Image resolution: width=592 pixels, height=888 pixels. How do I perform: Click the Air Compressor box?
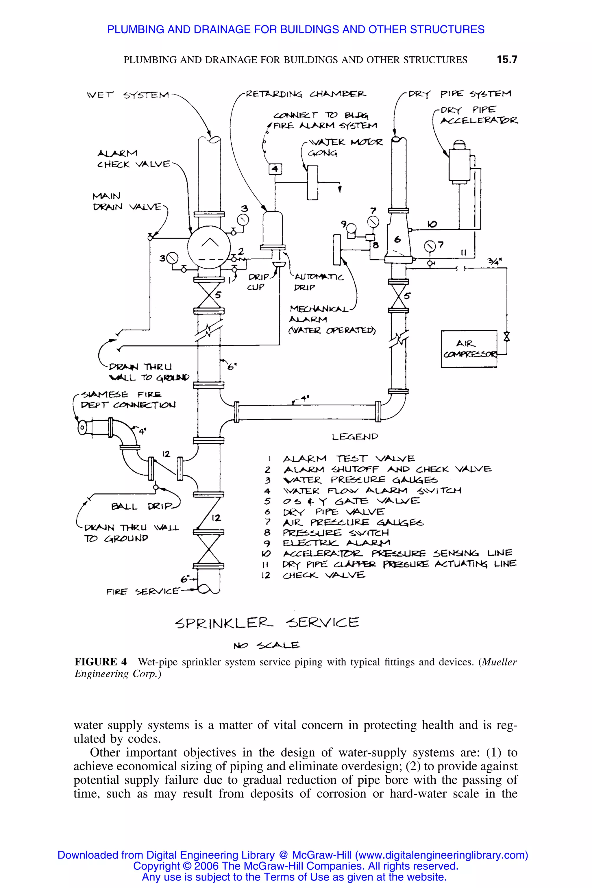(x=469, y=349)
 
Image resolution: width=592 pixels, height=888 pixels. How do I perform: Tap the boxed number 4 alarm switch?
(x=275, y=169)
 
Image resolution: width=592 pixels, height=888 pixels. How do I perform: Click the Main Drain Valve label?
(x=127, y=201)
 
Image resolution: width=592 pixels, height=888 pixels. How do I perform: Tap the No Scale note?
(x=266, y=645)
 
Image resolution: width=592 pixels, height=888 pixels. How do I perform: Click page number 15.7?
(x=507, y=60)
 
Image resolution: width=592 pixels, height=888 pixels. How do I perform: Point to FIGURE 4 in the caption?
(x=100, y=662)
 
